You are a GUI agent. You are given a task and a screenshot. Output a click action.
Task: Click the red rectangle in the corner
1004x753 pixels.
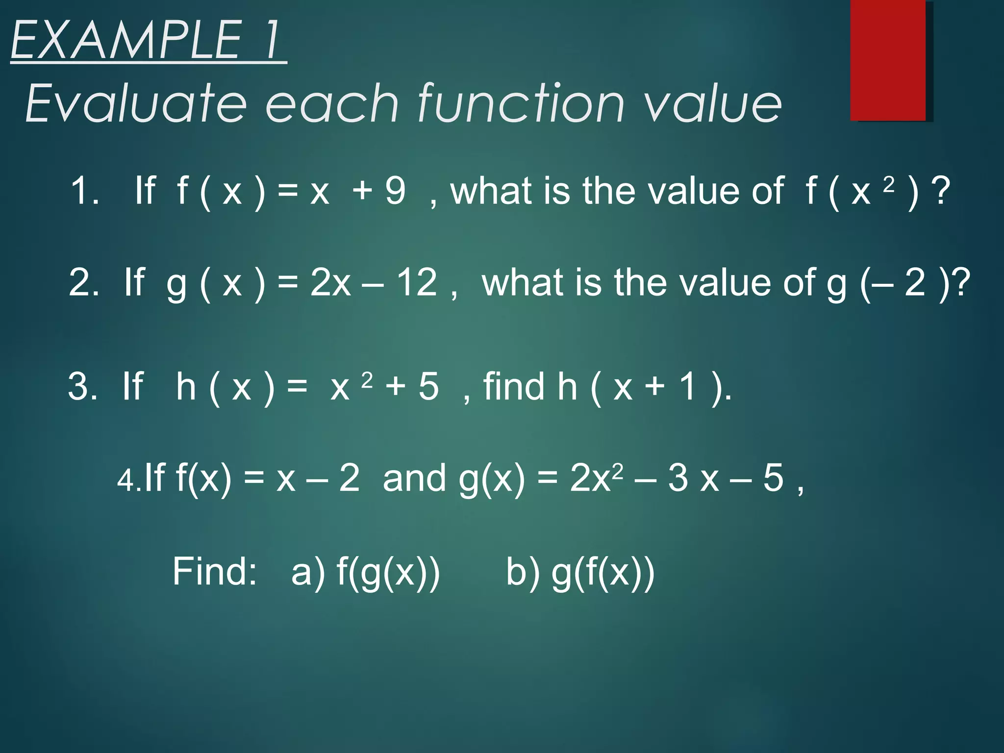pos(888,60)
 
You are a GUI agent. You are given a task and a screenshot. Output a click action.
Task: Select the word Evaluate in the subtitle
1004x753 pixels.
pos(135,103)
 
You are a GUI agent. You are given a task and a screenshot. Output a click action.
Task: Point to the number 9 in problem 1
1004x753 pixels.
pos(395,191)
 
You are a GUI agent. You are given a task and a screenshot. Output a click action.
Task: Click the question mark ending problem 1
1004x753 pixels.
pos(942,191)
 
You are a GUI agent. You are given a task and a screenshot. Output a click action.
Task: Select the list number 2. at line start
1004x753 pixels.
pos(84,283)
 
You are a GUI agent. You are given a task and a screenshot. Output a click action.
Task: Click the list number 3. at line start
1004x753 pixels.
pos(83,386)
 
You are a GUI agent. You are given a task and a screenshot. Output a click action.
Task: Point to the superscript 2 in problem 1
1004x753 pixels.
pos(889,184)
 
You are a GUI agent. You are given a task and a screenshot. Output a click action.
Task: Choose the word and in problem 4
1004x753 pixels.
pos(414,477)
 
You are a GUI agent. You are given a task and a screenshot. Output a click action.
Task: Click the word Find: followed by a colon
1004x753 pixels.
pos(215,572)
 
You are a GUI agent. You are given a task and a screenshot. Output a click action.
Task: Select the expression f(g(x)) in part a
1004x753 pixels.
pos(388,573)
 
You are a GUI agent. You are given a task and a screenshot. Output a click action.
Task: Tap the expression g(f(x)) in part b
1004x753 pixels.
pos(603,573)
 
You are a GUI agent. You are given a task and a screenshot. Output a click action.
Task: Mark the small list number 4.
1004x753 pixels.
pos(129,480)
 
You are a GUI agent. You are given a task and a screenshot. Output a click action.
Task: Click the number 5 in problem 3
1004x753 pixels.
pos(428,386)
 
